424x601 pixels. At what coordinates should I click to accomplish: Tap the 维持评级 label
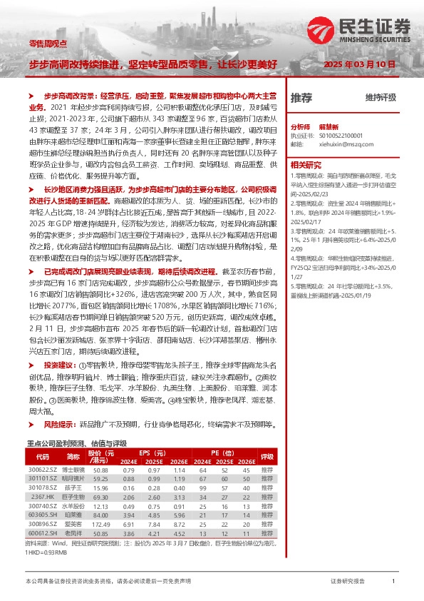pyautogui.click(x=380, y=97)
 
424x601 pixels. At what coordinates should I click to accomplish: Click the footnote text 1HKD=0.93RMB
pyautogui.click(x=46, y=553)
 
